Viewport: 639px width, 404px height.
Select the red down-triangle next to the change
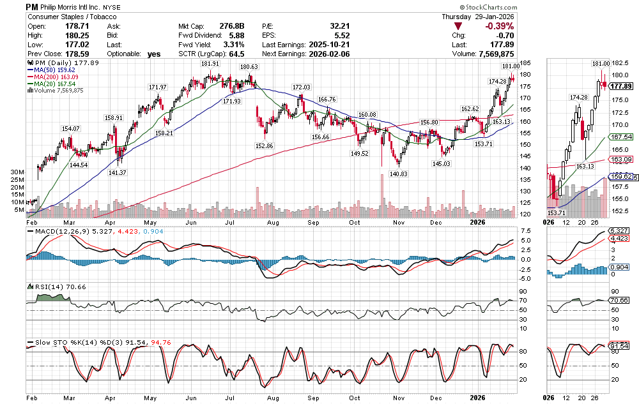458,26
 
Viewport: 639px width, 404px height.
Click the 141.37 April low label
118,172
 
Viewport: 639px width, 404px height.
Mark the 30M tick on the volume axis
17,172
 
